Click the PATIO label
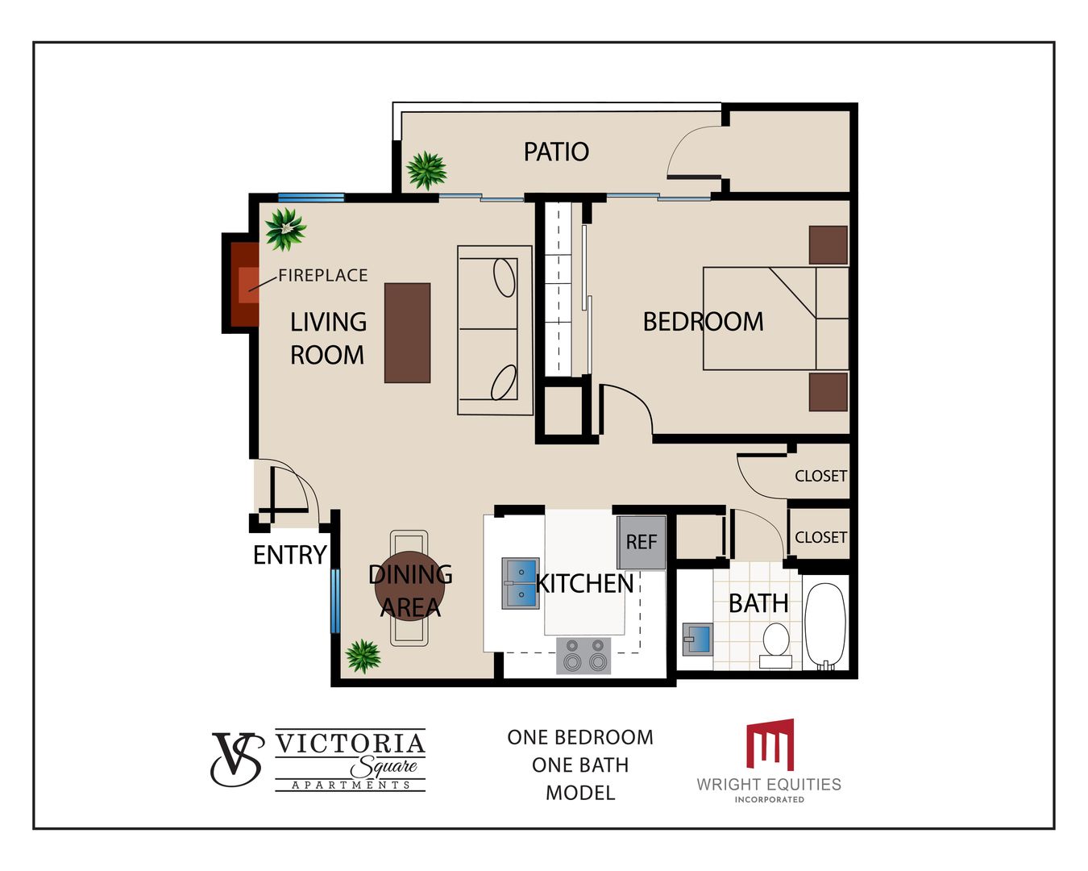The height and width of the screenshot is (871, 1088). pos(556,152)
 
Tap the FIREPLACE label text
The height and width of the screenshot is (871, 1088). pos(323,275)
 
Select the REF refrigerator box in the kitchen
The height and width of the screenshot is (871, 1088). pos(641,543)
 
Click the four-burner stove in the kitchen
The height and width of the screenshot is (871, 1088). pos(584,656)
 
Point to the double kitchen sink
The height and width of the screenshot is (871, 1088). pos(521,583)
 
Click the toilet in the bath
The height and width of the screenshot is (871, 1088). pos(776,645)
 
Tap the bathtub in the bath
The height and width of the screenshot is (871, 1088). pos(824,627)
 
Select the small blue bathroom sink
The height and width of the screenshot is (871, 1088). pos(698,640)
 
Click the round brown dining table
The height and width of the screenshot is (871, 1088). pos(409,587)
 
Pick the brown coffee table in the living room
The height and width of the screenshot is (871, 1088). pos(408,332)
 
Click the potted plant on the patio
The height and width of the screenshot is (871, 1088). pos(426,170)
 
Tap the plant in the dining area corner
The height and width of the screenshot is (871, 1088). pos(363,656)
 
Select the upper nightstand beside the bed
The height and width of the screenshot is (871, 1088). pos(828,245)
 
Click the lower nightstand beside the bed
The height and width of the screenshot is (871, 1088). pos(828,392)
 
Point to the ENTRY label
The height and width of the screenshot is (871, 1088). pos(290,555)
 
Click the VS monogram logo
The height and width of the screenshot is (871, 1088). pos(237,759)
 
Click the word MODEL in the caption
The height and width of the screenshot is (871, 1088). pos(580,793)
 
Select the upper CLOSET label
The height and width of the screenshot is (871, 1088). pos(820,477)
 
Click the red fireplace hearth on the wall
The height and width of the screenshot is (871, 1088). pos(245,285)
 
